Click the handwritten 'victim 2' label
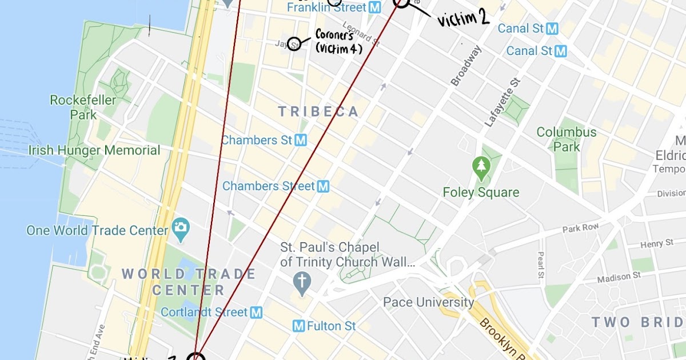(463, 19)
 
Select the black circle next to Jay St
(294, 43)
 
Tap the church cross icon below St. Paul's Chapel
(301, 281)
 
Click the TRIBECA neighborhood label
(318, 111)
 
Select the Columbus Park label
(566, 139)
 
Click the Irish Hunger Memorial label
(94, 150)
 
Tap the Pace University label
(429, 302)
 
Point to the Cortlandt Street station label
(205, 312)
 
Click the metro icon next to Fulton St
(298, 326)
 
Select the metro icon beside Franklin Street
(375, 7)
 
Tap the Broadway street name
(466, 66)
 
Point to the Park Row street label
(580, 228)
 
